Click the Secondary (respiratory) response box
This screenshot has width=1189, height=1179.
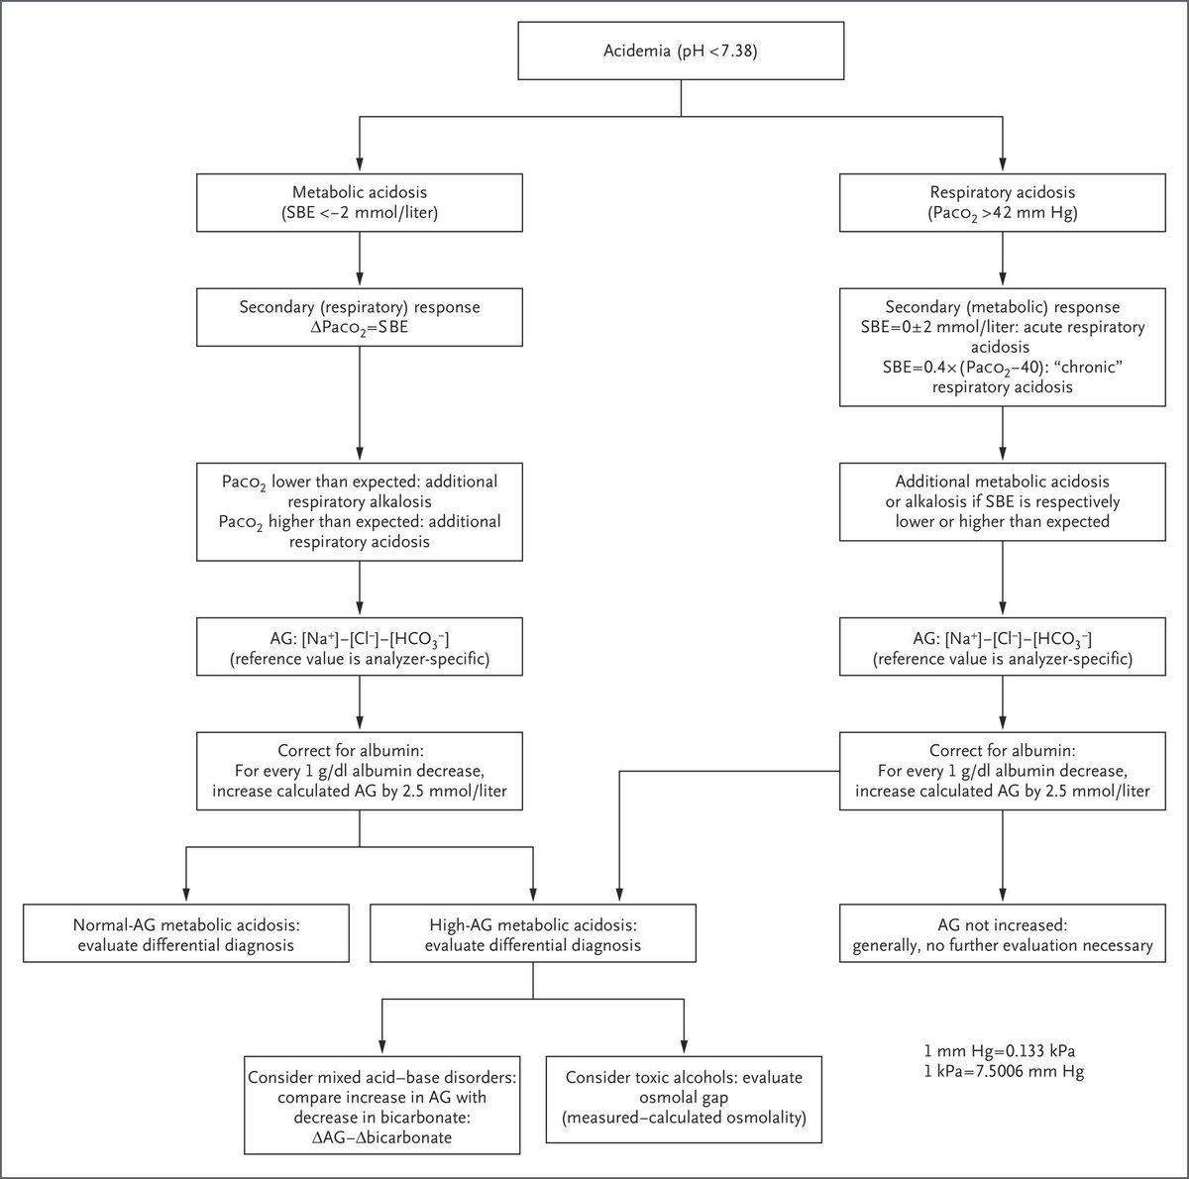point(359,317)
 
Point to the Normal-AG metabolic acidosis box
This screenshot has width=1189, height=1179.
point(185,933)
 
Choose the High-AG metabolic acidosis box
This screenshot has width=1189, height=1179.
point(533,933)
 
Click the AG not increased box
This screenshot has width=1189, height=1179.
point(1003,933)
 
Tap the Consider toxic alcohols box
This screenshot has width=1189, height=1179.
point(683,1097)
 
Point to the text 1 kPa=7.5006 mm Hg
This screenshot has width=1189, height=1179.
point(1003,1072)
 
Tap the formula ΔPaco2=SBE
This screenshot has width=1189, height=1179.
point(359,328)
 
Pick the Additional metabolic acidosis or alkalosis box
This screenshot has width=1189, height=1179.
point(1003,500)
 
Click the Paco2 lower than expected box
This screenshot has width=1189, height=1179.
point(359,511)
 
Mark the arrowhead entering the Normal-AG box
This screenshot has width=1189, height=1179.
point(185,896)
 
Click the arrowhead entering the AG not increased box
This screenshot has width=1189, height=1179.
point(1003,896)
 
